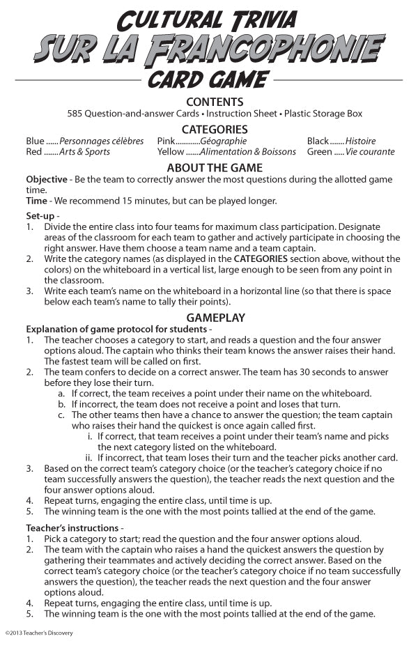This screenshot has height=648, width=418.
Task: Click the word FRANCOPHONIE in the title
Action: coord(265,48)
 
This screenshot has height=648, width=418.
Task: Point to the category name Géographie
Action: coord(223,141)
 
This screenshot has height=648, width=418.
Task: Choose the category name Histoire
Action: coord(360,141)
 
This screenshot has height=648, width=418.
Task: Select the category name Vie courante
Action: coord(370,152)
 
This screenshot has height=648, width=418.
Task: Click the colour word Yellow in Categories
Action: coord(171,152)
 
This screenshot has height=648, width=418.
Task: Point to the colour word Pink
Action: coord(167,141)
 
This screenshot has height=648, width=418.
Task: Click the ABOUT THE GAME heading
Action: coord(215,168)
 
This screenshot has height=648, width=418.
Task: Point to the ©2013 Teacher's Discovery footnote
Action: coord(39,633)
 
